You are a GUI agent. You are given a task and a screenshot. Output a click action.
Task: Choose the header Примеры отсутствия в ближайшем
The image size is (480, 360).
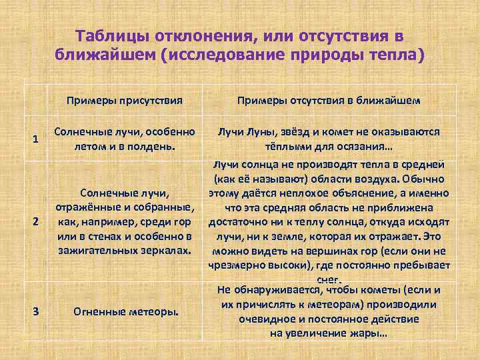point(329,101)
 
